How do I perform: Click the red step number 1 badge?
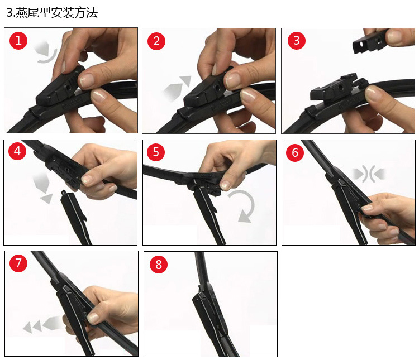18,41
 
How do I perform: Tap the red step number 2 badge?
156,41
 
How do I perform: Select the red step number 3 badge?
296,40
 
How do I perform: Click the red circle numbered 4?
17,151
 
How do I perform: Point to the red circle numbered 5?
156,152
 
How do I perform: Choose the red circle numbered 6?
295,152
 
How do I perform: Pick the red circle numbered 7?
18,263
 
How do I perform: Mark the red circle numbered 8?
159,265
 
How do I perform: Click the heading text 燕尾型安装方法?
56,12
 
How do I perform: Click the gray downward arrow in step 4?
43,188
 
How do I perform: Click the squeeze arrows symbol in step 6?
369,174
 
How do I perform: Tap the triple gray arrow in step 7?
43,324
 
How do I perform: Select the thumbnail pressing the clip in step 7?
93,318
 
